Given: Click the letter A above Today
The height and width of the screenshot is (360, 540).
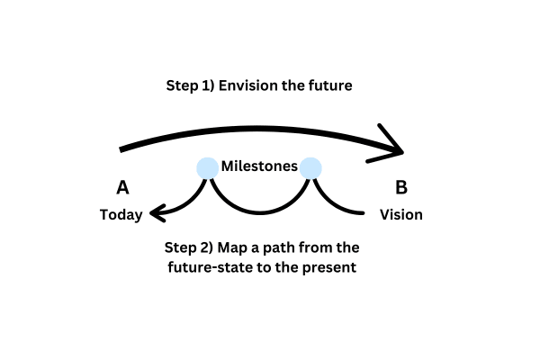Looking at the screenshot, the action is click(123, 188).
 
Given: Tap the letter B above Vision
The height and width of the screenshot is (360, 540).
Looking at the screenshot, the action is click(401, 188).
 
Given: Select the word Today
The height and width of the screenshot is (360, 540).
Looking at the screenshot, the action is click(121, 215).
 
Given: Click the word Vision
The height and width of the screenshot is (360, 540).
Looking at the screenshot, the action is click(401, 214).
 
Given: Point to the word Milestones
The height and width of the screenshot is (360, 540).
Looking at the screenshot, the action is click(259, 166).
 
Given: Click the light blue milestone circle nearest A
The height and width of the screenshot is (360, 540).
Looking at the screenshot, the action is click(207, 168).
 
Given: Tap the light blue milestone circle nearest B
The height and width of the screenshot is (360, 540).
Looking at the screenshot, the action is click(310, 168).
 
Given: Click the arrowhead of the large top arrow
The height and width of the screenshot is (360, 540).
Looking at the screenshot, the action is click(403, 152).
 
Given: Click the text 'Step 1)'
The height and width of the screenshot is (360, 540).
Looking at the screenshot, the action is click(191, 85).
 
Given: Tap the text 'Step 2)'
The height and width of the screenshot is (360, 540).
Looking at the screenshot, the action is click(189, 247).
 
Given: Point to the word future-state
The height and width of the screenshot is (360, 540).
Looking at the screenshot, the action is click(211, 267).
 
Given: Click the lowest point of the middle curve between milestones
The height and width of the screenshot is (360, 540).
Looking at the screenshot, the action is click(260, 213).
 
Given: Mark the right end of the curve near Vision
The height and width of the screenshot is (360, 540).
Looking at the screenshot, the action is click(364, 213).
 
